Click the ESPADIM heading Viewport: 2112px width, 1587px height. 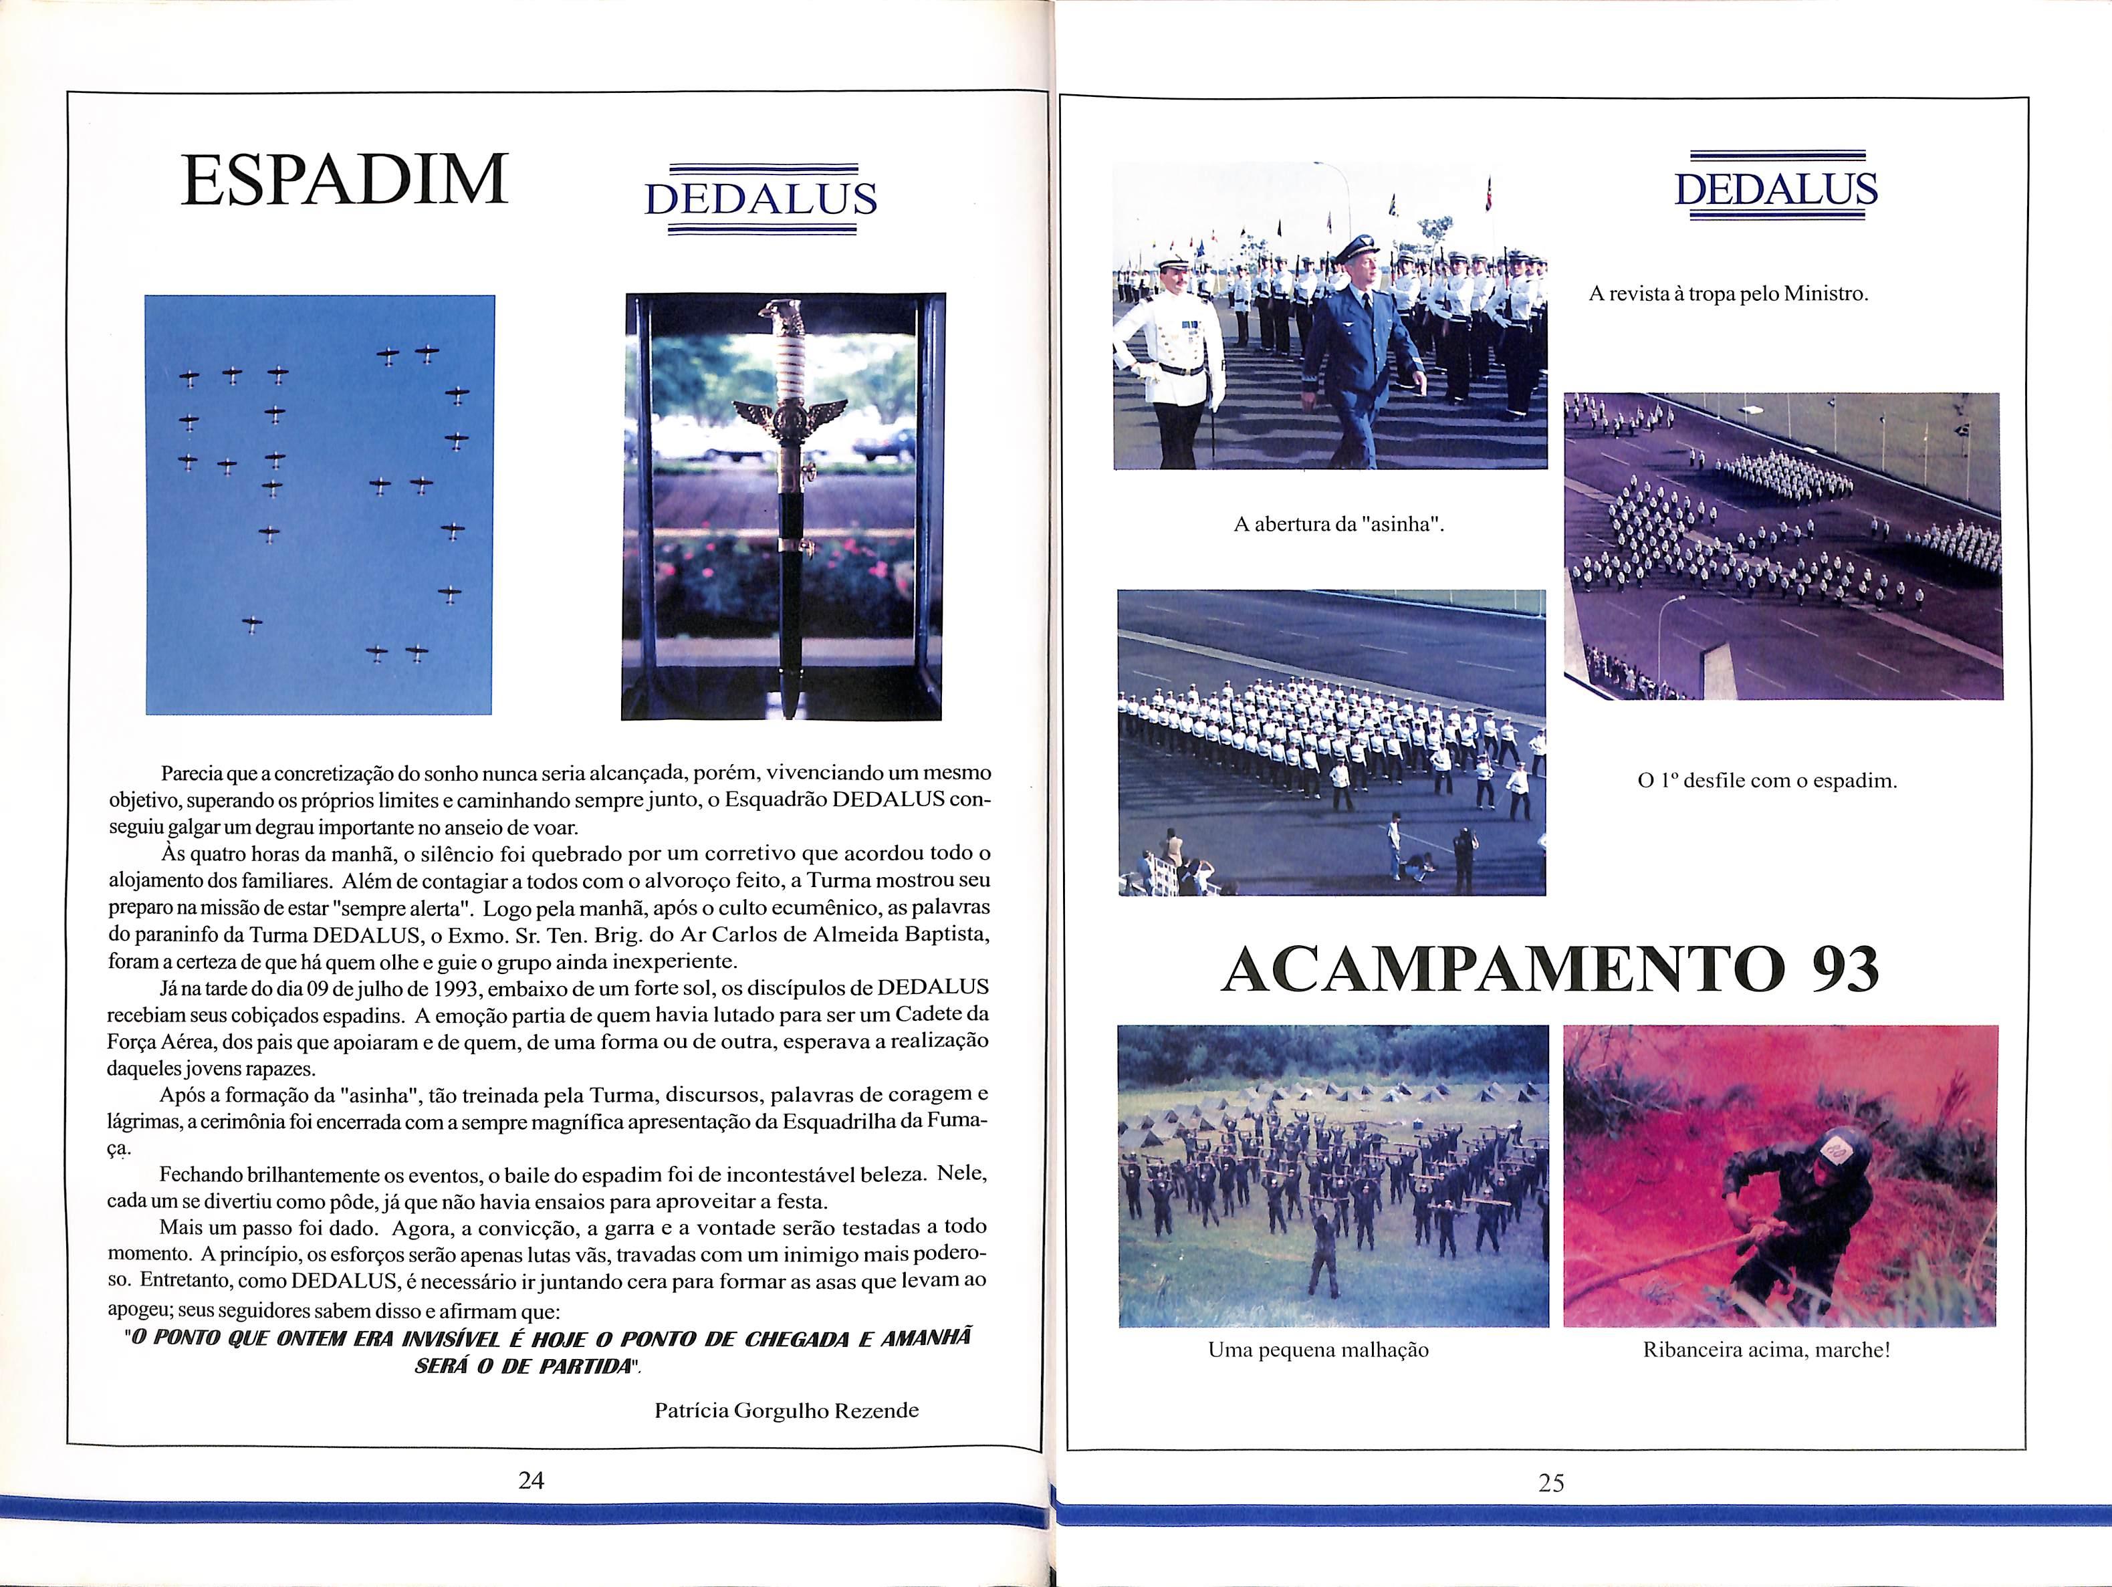pos(345,180)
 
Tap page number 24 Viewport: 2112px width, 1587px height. pos(531,1480)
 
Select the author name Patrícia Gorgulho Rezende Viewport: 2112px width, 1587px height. pos(786,1411)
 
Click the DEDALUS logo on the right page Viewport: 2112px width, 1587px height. pos(1776,188)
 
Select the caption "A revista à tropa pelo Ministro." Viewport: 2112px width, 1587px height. pos(1728,294)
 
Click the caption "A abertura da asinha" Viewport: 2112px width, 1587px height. pos(1336,524)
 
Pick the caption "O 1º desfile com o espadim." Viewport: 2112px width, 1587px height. pos(1767,780)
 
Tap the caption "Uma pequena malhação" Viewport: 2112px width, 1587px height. pos(1318,1350)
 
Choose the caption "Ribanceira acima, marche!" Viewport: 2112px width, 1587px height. pos(1766,1350)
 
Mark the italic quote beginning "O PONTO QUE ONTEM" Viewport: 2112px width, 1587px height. pos(548,1351)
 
